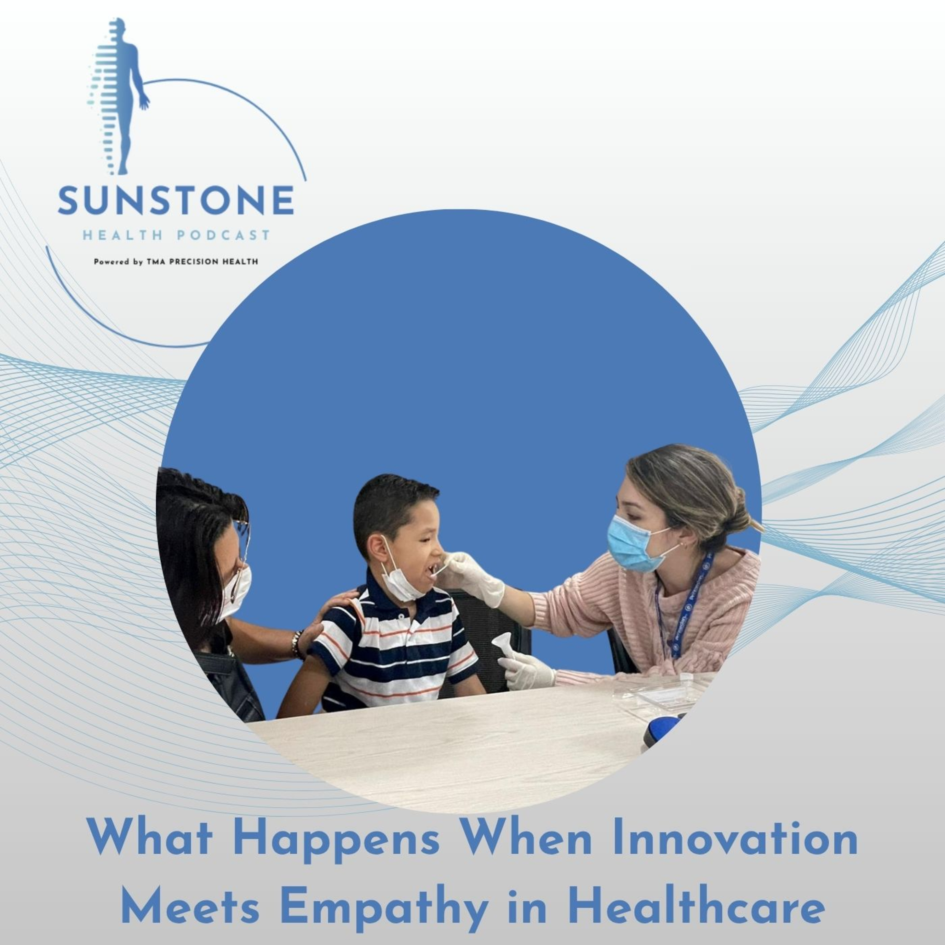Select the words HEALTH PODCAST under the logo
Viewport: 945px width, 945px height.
click(x=176, y=235)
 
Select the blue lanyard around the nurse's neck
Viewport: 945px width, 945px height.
click(x=685, y=606)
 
